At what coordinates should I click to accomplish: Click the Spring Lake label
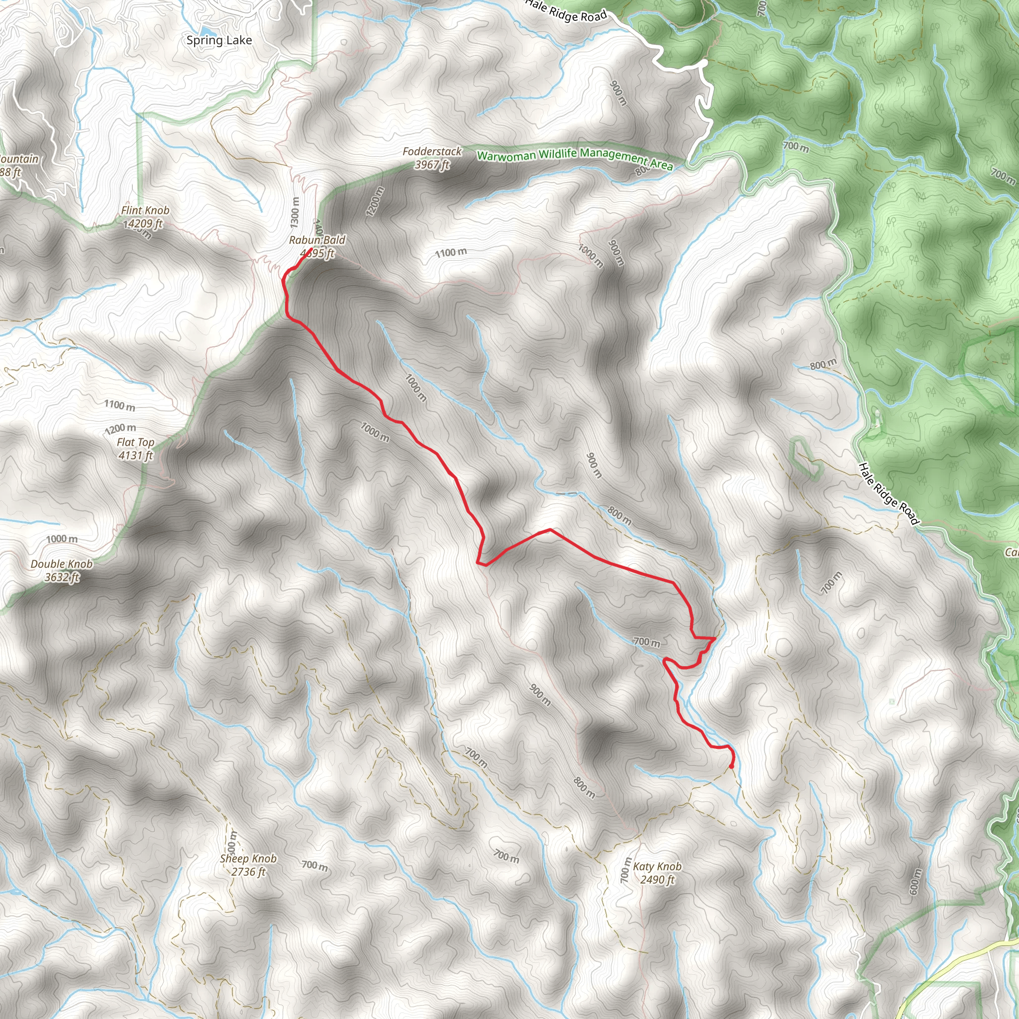[219, 40]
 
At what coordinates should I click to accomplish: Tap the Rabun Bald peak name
[317, 240]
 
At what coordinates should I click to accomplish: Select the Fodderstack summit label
[432, 151]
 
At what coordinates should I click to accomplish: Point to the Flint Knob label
[145, 210]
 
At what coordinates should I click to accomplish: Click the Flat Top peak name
[135, 442]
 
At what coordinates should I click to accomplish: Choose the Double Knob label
[61, 564]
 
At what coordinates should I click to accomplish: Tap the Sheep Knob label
[248, 859]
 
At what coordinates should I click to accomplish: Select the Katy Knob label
[657, 867]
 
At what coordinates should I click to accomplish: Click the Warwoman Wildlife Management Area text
[575, 158]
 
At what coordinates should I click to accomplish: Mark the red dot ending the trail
[731, 765]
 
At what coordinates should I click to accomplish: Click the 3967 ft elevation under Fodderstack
[432, 165]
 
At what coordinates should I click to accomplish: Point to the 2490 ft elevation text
[657, 880]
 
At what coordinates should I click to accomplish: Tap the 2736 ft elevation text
[248, 872]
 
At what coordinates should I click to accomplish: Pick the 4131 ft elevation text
[135, 456]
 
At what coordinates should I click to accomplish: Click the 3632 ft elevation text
[61, 577]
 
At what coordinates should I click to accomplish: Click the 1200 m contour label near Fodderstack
[374, 202]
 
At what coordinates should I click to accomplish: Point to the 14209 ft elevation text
[142, 223]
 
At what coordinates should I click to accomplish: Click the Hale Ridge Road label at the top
[566, 10]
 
